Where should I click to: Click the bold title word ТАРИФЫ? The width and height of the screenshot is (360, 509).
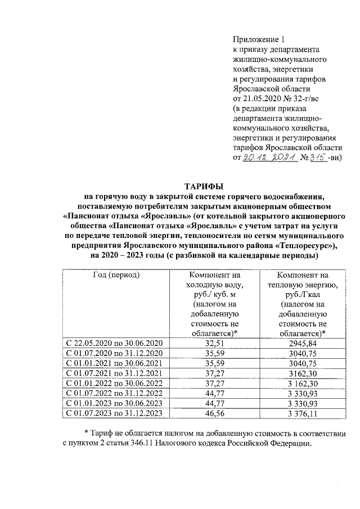204,186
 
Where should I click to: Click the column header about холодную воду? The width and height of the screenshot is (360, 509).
215,304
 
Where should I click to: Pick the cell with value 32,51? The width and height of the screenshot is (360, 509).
215,343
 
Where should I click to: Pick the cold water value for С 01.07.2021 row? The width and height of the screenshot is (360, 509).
215,373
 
